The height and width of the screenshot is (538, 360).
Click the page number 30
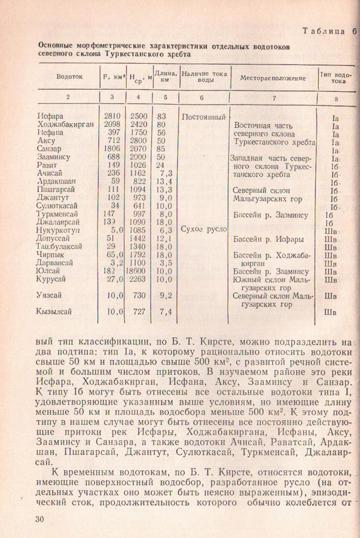[x=41, y=519]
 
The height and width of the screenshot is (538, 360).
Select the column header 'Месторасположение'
[x=273, y=78]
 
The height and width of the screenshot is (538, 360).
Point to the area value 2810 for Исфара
[x=112, y=115]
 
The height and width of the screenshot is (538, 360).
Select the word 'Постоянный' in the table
[x=203, y=116]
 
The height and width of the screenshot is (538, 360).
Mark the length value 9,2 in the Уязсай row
[x=164, y=295]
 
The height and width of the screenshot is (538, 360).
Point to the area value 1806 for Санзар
[x=112, y=149]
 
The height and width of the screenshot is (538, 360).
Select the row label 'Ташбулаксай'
[x=59, y=246]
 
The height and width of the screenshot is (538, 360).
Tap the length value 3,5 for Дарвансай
[x=166, y=262]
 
